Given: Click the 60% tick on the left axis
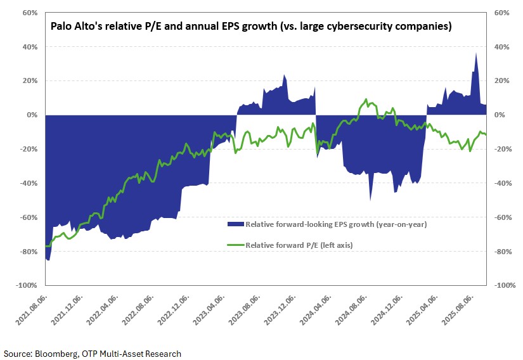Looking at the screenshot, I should coord(29,13).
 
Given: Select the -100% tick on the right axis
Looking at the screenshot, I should coord(501,286).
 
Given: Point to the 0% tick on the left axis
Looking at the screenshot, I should coord(32,115).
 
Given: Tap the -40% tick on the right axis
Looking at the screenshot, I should coord(501,183).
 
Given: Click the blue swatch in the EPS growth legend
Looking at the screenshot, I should coord(235,224).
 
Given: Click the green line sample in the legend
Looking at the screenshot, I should coord(235,245).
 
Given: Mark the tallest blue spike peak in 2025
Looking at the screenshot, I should coord(476,53).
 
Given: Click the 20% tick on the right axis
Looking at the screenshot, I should coord(501,81).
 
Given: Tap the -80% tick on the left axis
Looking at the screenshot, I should coord(29,252).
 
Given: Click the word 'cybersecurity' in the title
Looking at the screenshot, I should coord(378,27).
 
